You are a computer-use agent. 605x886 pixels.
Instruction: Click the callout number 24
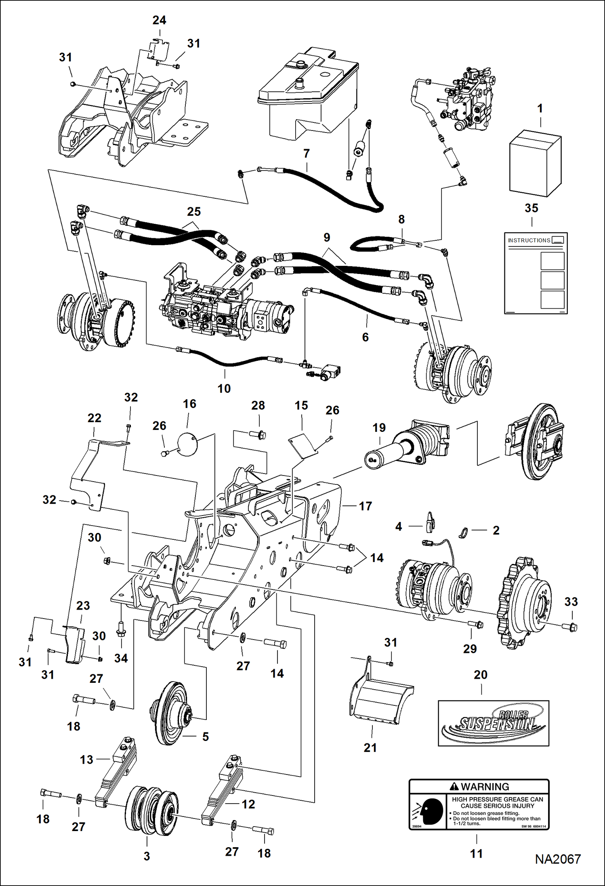click(x=159, y=20)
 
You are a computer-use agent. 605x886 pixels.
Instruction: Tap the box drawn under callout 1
click(x=535, y=163)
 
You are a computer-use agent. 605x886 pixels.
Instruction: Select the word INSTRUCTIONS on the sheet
click(x=529, y=240)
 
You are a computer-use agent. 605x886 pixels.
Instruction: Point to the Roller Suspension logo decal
click(x=494, y=724)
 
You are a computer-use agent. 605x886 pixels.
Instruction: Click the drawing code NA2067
click(x=558, y=859)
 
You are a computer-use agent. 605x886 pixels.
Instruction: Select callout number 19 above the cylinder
click(x=379, y=427)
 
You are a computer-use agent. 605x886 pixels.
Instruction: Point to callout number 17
click(x=365, y=506)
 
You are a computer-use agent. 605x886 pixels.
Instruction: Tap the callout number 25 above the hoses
click(x=194, y=212)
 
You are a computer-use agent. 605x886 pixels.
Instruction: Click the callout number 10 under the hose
click(x=224, y=389)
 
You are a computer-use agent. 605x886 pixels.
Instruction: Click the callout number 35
click(x=531, y=208)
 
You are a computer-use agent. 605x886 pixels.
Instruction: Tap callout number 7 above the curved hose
click(x=307, y=154)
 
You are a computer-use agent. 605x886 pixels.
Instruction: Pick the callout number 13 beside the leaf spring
click(x=86, y=760)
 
